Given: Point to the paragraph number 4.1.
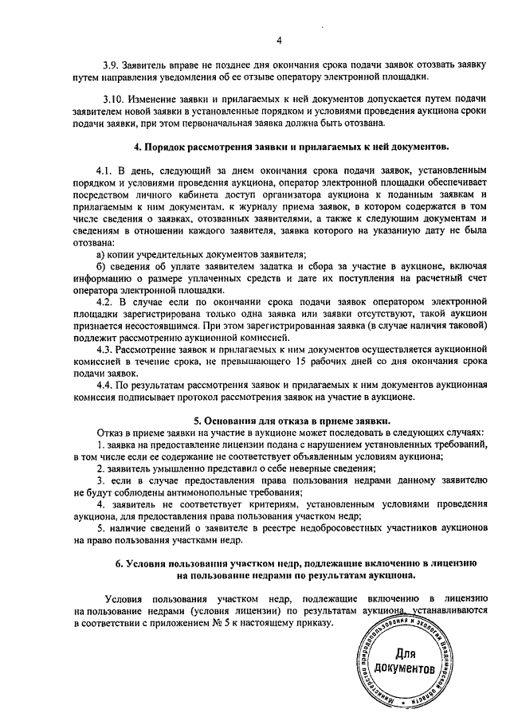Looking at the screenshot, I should coord(105,170).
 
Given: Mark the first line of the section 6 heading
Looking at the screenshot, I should coord(295,562).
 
